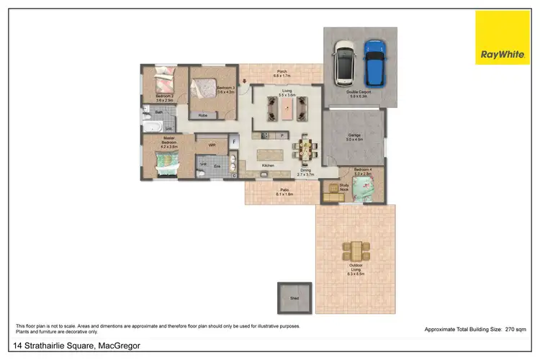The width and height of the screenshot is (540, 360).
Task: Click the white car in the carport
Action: [345, 61]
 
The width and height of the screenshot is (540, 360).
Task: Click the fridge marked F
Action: [234, 141]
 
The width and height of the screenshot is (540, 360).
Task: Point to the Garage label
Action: [354, 136]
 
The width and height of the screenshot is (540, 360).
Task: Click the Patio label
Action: [285, 191]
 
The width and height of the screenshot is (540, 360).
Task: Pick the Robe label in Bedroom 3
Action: [204, 115]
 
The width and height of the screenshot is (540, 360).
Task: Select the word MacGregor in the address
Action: [120, 347]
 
